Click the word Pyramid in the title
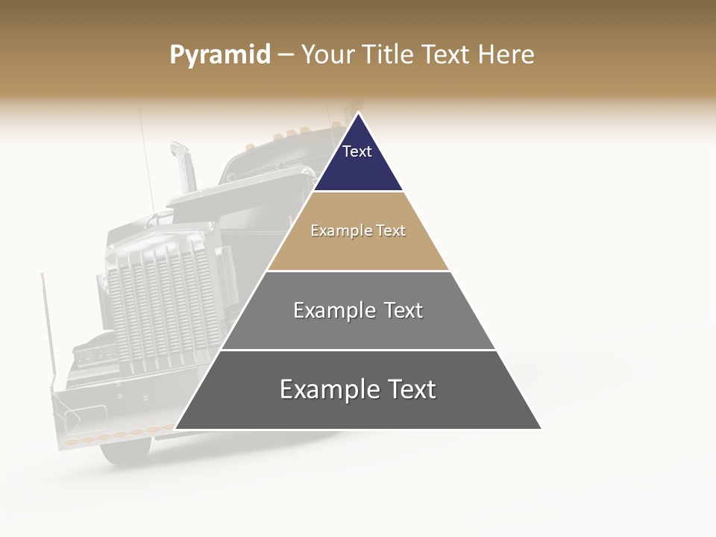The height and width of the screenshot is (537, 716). [219, 55]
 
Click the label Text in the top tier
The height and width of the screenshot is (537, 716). [357, 151]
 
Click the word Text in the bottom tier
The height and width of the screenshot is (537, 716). [406, 389]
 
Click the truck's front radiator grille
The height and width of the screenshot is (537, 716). [160, 306]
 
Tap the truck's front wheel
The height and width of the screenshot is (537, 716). [124, 447]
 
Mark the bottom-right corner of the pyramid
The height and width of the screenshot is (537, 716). [541, 429]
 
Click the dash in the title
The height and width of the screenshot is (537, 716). [286, 55]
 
